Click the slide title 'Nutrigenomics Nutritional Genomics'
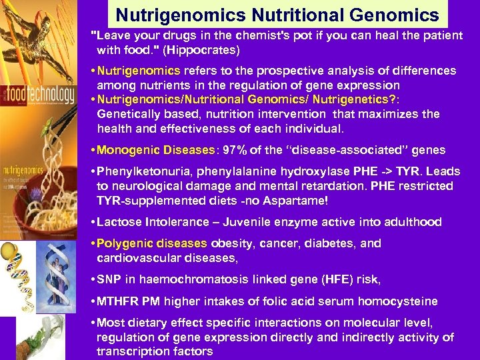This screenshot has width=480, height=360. pos(277,15)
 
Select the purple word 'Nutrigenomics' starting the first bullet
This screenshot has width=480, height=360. pos(139,71)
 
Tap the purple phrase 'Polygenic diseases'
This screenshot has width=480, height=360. pos(150,243)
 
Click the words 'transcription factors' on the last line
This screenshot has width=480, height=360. pos(155,351)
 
